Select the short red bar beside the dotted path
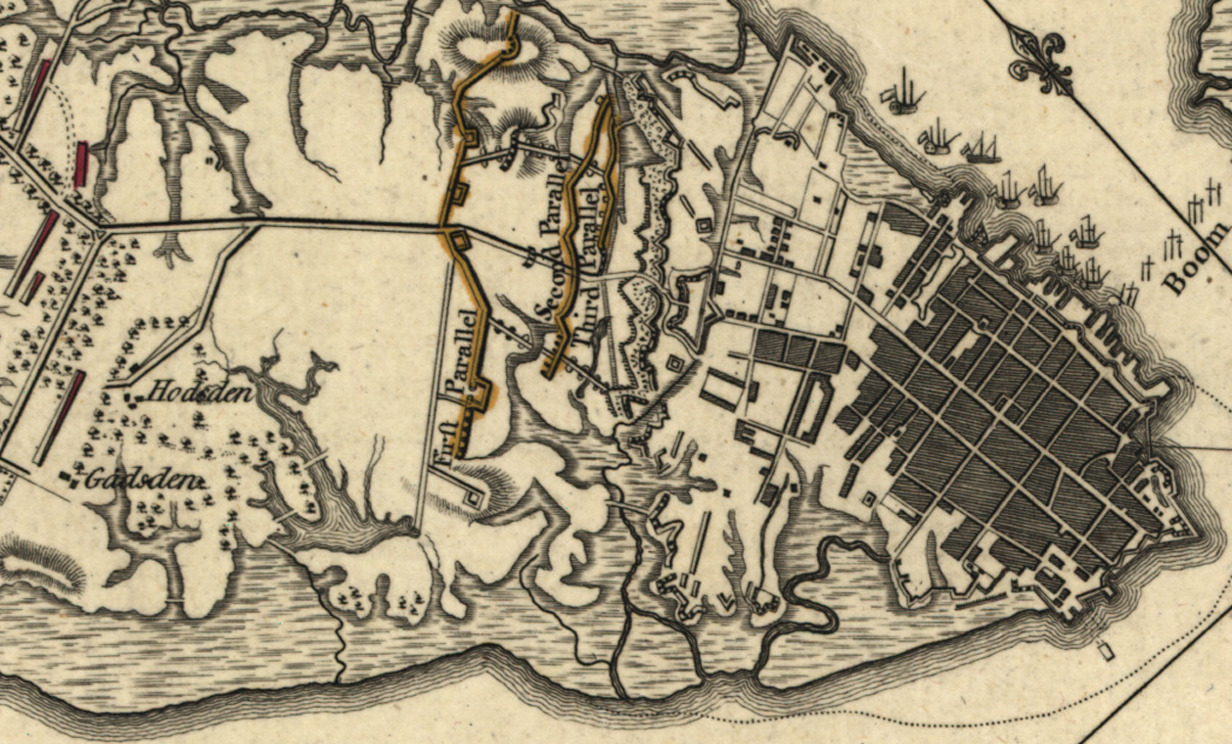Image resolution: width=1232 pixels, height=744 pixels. (x=81, y=163)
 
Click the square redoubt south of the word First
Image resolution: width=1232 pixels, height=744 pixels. (x=474, y=497)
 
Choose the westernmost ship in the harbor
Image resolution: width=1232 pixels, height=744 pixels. (x=903, y=95)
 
